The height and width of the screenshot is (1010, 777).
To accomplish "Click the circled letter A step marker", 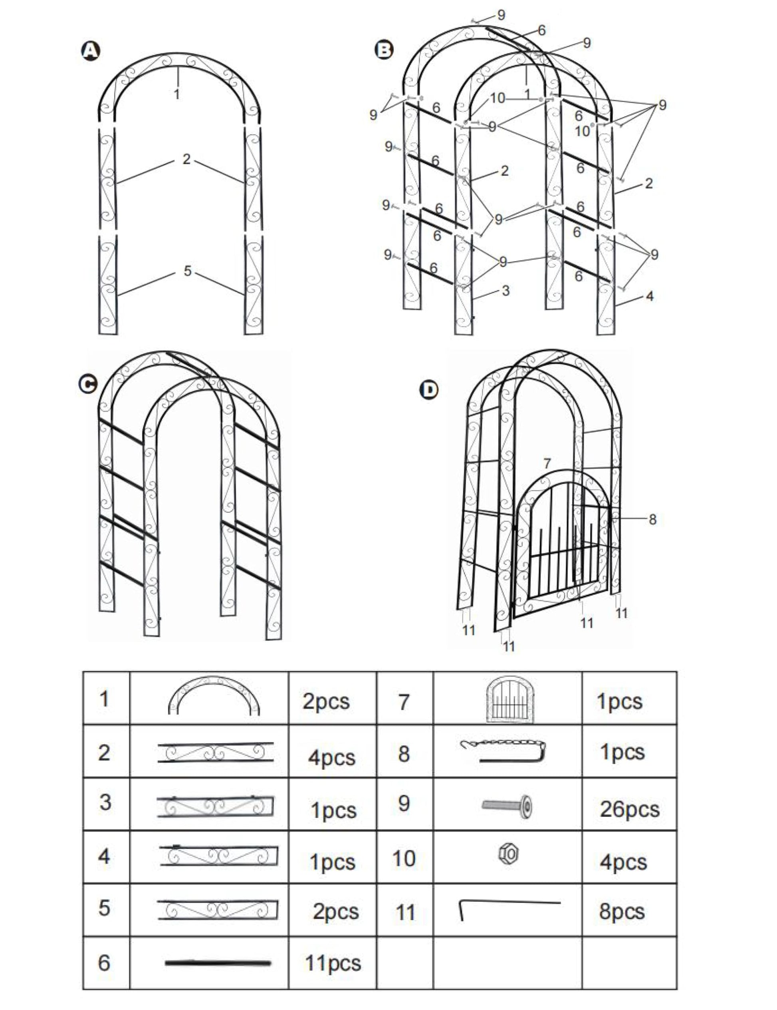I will pos(90,51).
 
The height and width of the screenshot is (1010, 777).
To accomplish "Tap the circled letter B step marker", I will pos(384,50).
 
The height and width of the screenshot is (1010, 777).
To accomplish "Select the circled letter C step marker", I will pos(88,384).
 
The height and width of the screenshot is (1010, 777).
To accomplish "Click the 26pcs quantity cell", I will pos(629,809).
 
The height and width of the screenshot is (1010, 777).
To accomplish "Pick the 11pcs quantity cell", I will pos(333,963).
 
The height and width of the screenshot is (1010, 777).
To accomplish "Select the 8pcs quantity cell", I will pos(622,911).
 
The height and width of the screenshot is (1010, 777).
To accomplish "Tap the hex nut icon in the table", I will pos(508,854).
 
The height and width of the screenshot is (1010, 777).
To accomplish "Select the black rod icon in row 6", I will pos(217,963).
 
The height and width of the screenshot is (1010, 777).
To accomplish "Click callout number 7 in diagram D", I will pos(547,463).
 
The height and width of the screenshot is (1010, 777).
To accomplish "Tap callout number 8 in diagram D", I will pos(652,519).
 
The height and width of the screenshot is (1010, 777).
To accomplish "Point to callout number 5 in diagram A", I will pos(187,271).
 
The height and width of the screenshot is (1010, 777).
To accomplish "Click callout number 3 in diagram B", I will pos(505,290).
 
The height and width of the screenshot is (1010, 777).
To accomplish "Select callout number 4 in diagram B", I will pos(649,296).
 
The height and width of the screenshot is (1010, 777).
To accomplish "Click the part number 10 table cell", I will pos(404,858).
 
